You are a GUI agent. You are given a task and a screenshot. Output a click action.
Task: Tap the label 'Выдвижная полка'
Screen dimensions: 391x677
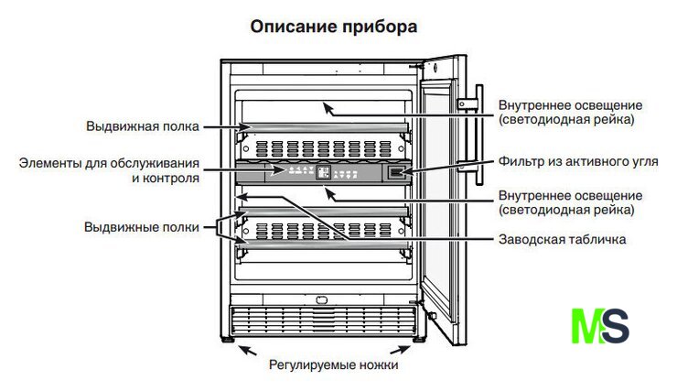143,125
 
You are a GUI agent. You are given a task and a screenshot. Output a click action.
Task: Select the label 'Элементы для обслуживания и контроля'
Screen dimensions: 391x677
110,171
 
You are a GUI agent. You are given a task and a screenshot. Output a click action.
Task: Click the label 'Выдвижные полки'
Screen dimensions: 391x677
141,226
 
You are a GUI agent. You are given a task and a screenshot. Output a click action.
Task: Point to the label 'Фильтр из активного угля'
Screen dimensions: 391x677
578,161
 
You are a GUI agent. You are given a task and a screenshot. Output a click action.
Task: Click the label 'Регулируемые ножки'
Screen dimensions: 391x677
333,364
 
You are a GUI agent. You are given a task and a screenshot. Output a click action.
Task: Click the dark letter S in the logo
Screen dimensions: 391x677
618,327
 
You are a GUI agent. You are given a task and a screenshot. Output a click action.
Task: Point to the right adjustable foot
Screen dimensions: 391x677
420,340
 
